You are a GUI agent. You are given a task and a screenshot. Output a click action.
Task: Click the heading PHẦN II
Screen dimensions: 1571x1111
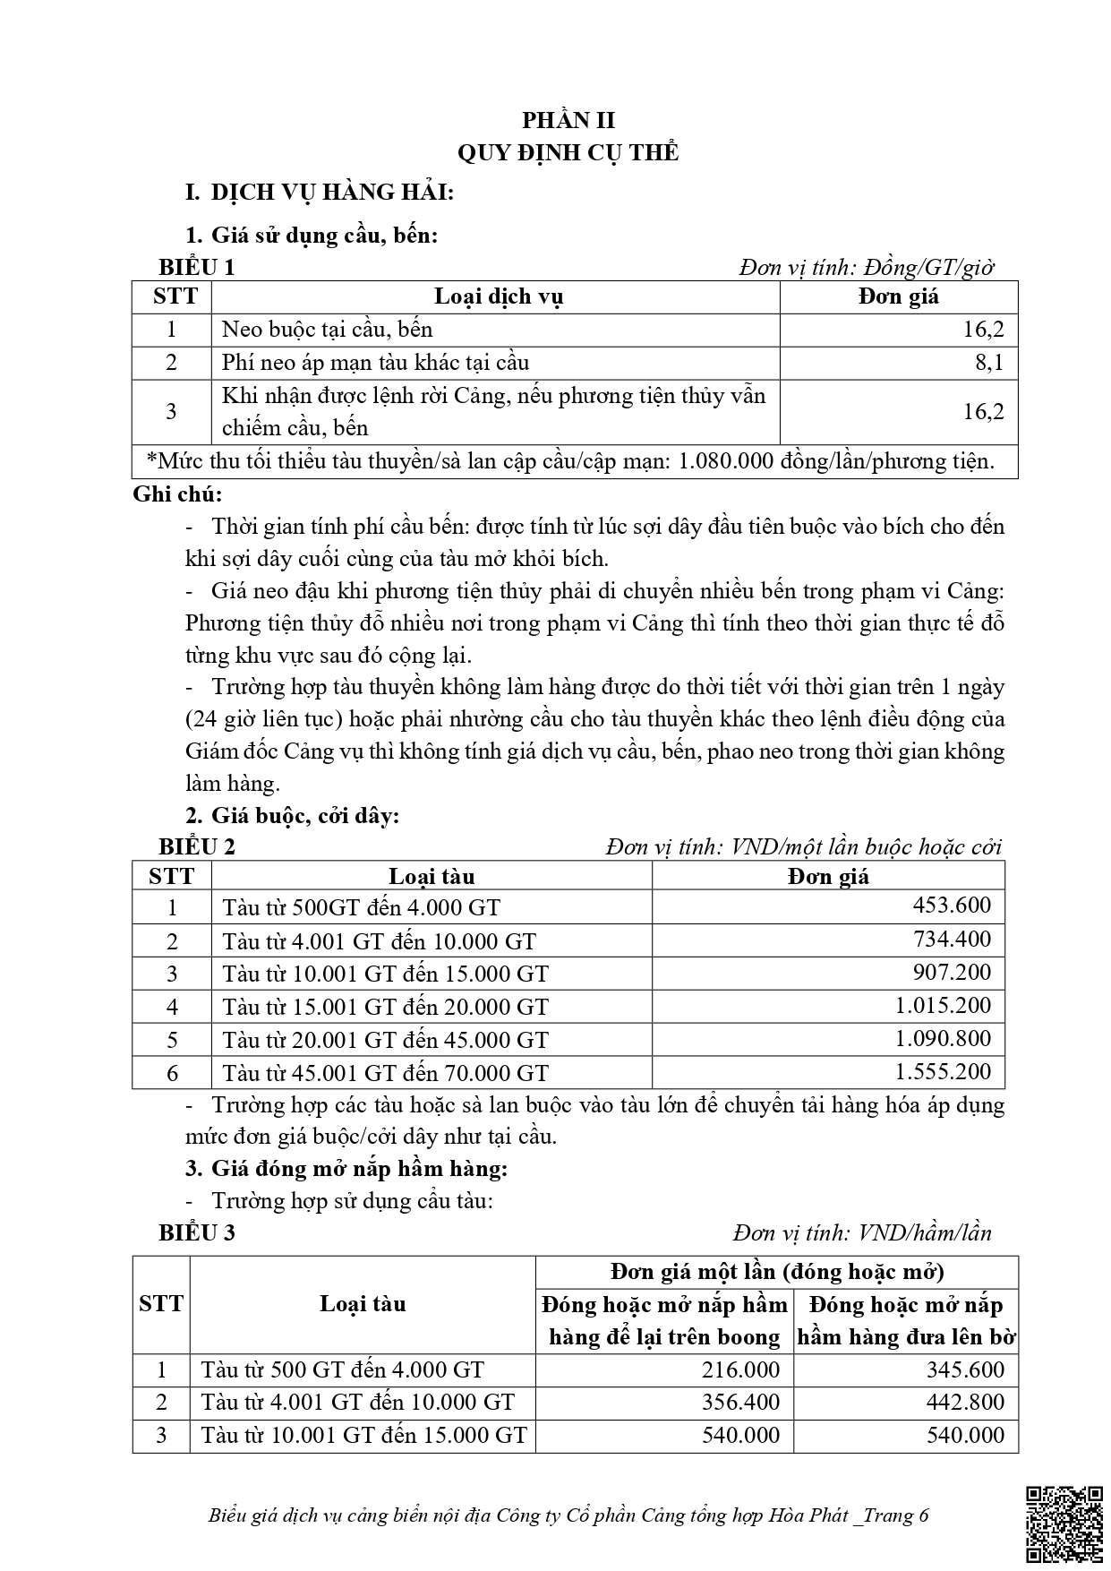(568, 120)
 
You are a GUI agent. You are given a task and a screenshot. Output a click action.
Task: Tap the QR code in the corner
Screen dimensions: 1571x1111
(1064, 1524)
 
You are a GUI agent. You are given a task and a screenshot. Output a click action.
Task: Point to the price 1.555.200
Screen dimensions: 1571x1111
(943, 1072)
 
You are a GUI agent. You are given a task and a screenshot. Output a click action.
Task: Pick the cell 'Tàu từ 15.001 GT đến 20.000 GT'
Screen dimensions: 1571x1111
(385, 1007)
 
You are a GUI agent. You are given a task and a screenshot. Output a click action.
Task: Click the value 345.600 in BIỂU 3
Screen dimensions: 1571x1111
(965, 1369)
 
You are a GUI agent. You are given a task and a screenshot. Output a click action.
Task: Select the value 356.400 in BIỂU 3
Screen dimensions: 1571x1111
(739, 1403)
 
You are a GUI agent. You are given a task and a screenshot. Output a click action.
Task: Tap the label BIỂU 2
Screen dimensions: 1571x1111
(197, 846)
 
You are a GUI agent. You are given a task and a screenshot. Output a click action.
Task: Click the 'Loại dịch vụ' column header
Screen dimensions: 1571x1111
(498, 297)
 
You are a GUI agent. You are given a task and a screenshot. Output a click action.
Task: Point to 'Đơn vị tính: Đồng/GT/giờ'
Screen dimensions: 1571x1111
(867, 267)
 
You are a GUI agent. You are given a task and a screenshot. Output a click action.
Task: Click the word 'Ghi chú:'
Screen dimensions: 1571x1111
(177, 494)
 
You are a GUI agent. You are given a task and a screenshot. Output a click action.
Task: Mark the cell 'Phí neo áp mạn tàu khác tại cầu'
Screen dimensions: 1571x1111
(376, 363)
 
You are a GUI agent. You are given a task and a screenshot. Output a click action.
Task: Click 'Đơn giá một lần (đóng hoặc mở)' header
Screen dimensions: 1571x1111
(776, 1272)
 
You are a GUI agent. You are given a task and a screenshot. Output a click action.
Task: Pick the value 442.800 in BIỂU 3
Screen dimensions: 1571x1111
(965, 1403)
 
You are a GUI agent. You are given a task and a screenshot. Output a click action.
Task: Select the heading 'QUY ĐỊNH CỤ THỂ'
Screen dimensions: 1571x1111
(568, 152)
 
